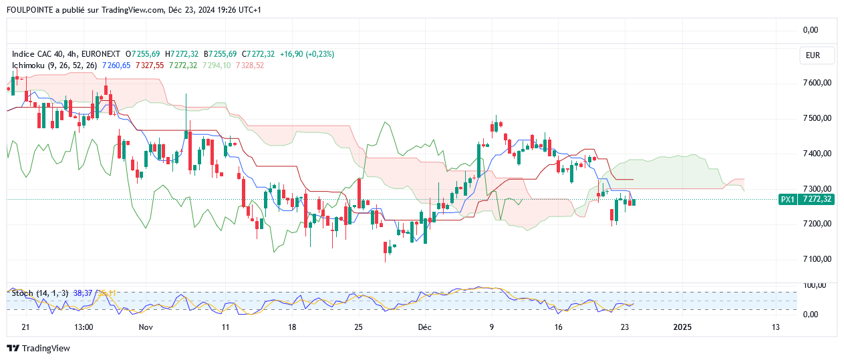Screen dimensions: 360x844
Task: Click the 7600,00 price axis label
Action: pos(817,83)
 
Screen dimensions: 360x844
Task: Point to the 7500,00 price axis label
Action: pos(817,118)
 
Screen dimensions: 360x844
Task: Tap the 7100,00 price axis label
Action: pos(817,259)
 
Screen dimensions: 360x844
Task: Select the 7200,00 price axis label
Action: pos(817,224)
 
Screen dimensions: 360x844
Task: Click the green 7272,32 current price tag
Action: pos(817,199)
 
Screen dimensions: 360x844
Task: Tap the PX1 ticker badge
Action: pos(788,199)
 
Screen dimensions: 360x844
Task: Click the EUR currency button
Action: pos(813,55)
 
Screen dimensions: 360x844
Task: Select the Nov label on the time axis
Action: pos(146,327)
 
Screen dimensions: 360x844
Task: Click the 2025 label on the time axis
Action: pos(682,327)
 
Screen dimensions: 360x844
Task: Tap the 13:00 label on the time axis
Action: pos(84,327)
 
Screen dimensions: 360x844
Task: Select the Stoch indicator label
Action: pos(21,293)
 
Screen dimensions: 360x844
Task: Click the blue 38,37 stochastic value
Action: pos(82,293)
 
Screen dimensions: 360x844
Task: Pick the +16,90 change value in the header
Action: pos(292,53)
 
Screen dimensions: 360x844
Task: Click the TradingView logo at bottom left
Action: pos(38,348)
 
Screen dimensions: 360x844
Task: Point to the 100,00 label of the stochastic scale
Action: pos(814,285)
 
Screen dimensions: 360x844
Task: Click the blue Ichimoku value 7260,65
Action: pos(117,65)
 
